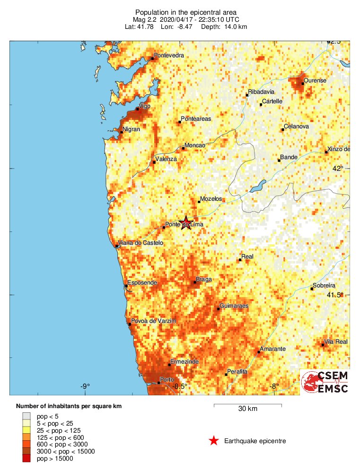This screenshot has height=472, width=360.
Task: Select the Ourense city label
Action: (315, 80)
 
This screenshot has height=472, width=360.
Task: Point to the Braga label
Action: (204, 279)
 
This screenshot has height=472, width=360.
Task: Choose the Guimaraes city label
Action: (234, 306)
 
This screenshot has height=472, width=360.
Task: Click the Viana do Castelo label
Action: (140, 243)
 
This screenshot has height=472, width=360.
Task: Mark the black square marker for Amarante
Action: (259, 352)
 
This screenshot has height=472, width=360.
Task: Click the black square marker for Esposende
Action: (126, 285)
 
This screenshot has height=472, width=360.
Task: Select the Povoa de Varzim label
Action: (153, 321)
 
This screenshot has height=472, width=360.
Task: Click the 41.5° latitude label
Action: (334, 295)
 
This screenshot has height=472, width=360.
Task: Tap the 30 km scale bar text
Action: (247, 409)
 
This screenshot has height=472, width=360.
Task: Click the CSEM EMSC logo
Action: (325, 382)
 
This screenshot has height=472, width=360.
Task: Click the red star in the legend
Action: (214, 441)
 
